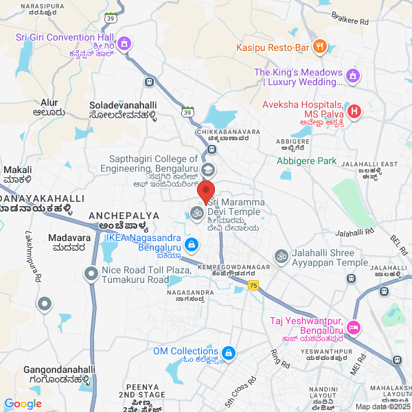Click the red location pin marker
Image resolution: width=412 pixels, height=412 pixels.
(x=206, y=190)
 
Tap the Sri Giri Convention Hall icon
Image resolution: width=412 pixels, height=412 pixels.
(x=124, y=44)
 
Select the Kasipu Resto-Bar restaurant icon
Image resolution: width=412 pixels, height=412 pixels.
(x=319, y=47)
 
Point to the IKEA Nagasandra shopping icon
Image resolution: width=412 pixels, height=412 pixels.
(x=193, y=244)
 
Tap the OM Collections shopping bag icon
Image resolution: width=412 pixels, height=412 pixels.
(x=229, y=354)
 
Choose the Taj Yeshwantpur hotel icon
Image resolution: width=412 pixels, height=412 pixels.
(x=354, y=326)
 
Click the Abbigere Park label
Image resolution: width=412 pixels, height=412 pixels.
(x=307, y=161)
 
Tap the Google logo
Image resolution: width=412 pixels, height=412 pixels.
(x=23, y=404)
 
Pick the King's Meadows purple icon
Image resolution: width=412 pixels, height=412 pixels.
(x=354, y=75)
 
